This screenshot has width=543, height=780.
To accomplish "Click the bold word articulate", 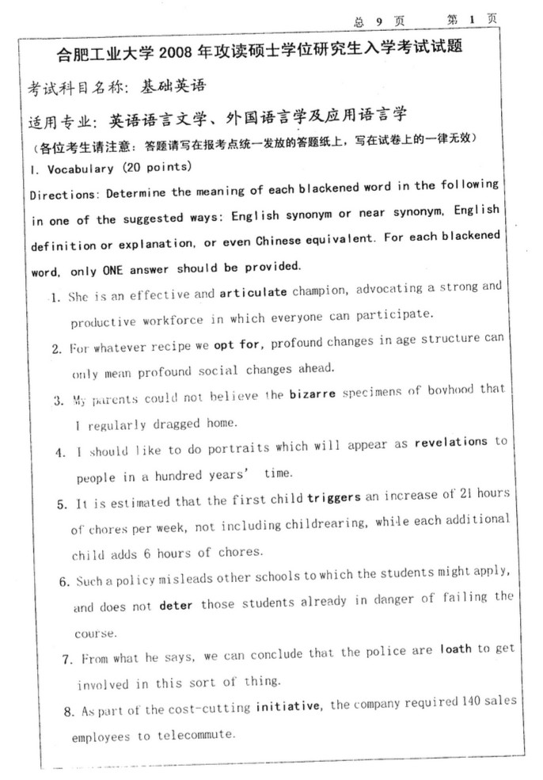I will point(253,293).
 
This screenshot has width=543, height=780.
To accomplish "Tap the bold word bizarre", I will point(314,394).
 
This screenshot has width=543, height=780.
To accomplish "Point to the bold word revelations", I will point(449,443).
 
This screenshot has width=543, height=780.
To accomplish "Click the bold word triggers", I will point(333,497).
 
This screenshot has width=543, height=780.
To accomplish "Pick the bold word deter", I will point(177,607).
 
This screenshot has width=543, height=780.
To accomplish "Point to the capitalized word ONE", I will point(112,270).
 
